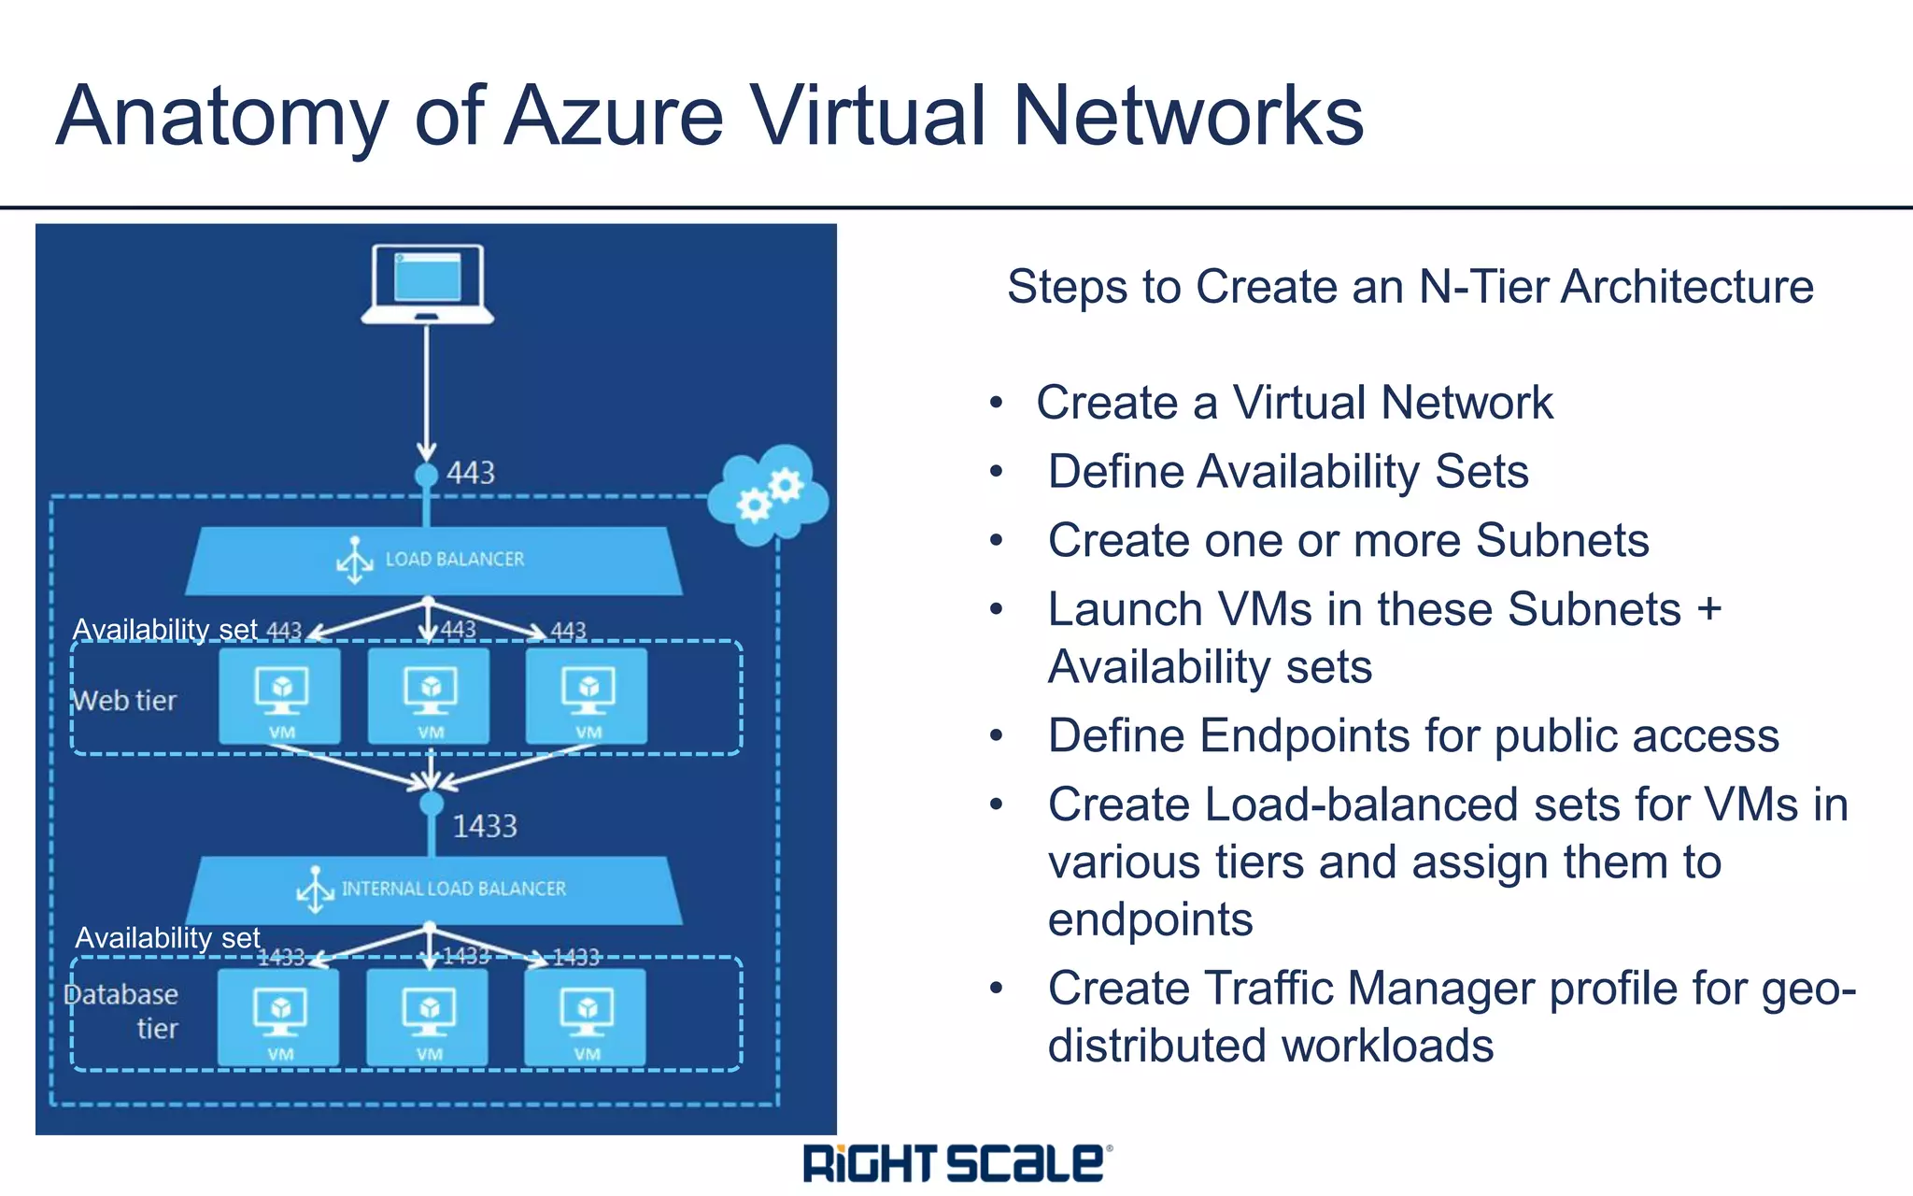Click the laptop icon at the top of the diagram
(427, 284)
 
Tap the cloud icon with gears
(768, 496)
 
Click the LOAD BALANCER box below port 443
(433, 560)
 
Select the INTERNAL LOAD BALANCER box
(433, 889)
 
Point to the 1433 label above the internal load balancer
(484, 826)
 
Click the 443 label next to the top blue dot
(470, 473)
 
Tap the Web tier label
(125, 700)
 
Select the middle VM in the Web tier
(429, 696)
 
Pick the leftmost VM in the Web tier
(280, 696)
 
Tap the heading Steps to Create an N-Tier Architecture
(1410, 286)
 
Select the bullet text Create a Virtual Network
(1294, 403)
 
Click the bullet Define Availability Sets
(1287, 471)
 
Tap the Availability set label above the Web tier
(164, 629)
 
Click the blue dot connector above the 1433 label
(431, 803)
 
